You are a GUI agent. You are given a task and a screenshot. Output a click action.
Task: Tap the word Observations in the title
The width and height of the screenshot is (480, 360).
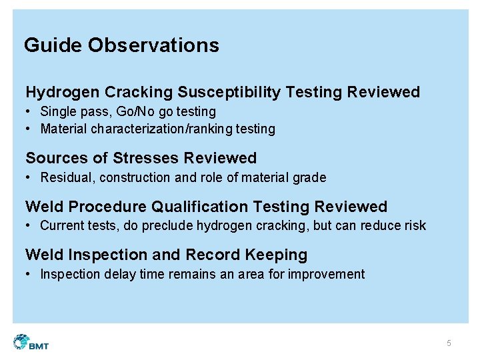click(153, 45)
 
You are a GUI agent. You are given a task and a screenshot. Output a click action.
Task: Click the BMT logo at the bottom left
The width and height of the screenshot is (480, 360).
click(31, 342)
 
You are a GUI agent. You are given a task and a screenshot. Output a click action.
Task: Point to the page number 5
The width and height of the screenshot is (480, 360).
click(449, 343)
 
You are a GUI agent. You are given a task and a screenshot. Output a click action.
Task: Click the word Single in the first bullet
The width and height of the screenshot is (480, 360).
click(57, 111)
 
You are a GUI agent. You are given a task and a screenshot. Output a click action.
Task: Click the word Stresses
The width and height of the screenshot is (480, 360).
click(146, 158)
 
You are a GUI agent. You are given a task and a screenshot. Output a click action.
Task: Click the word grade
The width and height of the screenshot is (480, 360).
click(310, 177)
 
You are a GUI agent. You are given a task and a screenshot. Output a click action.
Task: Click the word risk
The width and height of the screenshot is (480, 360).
click(414, 225)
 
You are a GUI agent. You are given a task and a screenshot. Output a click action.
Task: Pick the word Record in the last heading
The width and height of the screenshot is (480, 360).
click(227, 255)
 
